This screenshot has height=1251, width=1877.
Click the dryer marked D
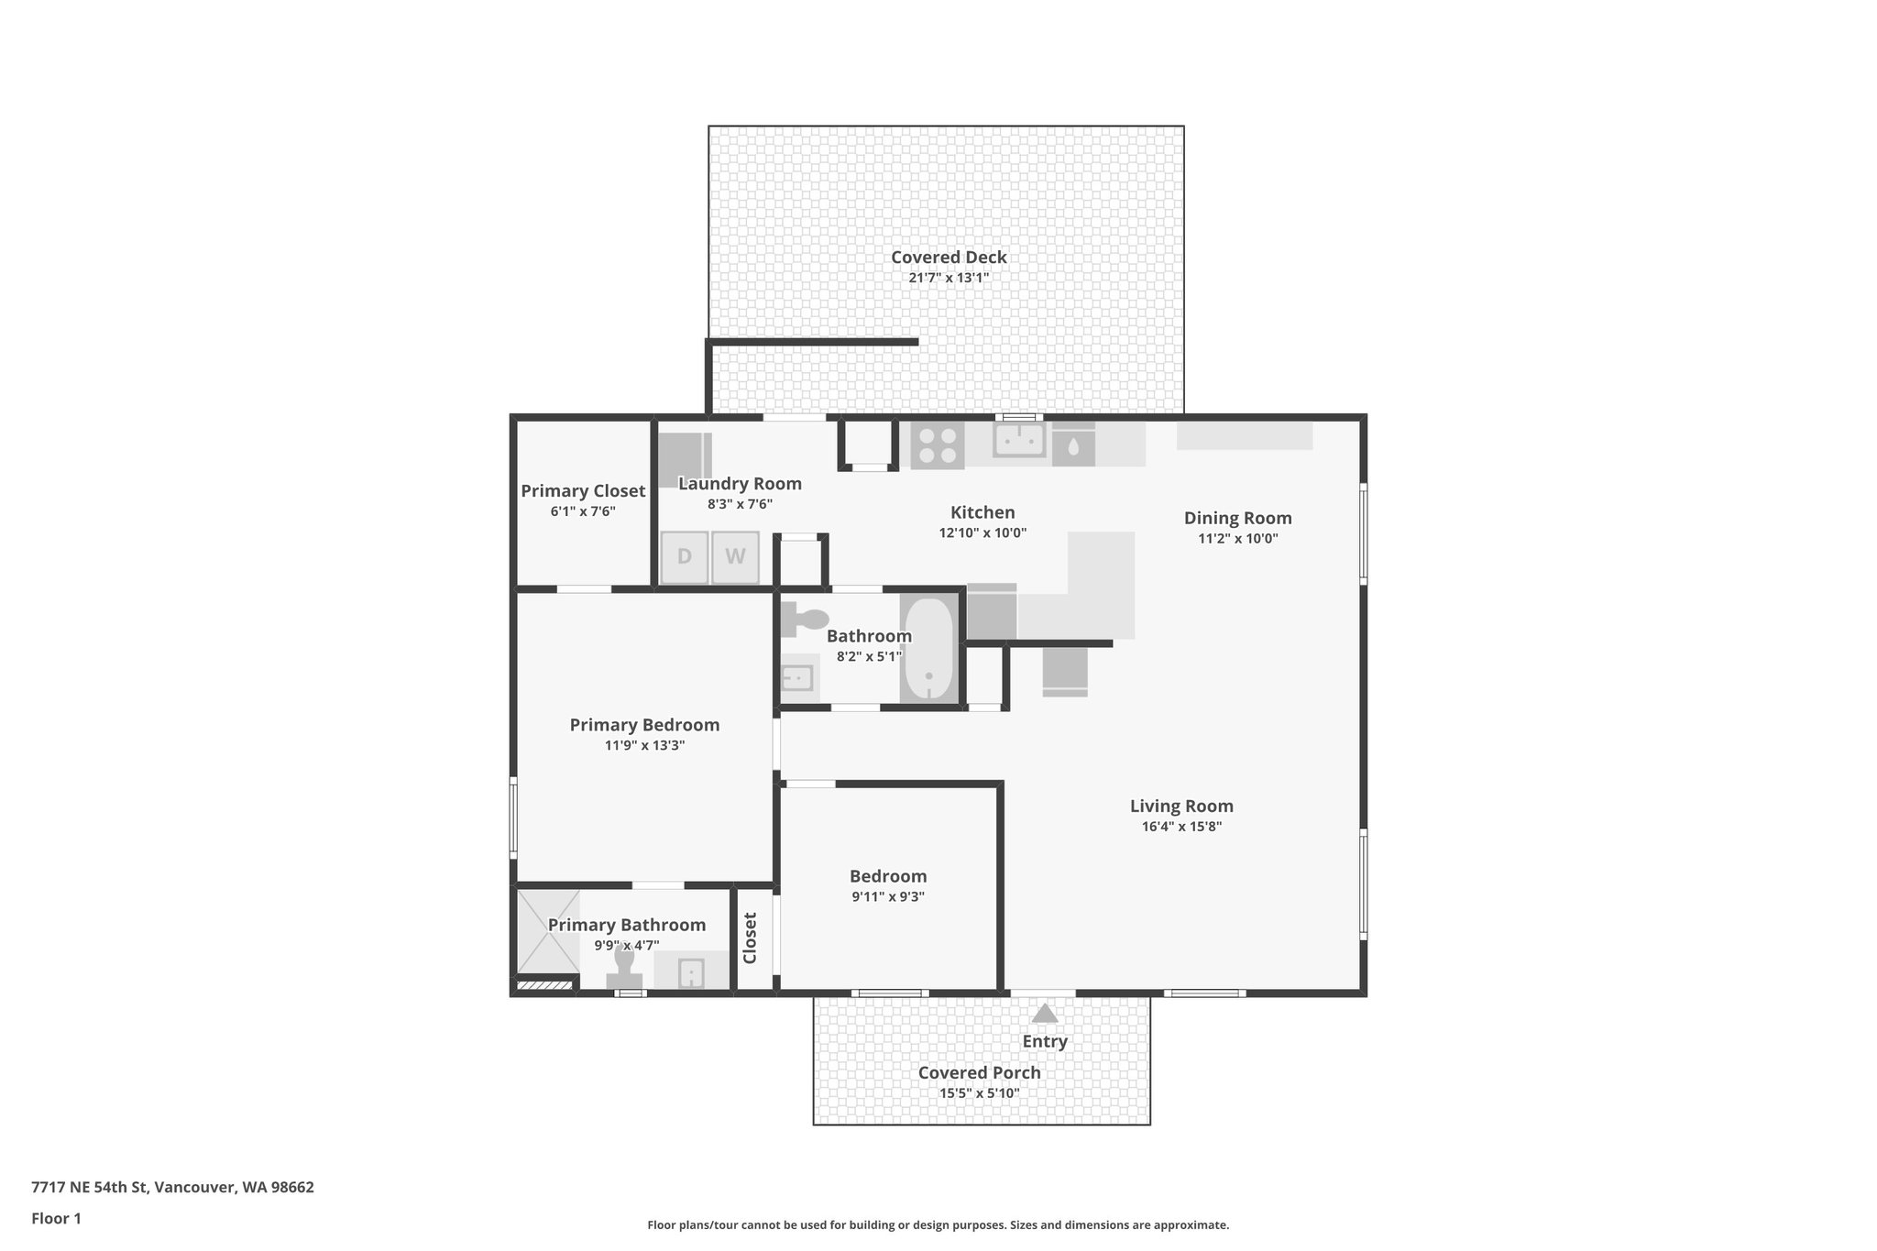pyautogui.click(x=685, y=557)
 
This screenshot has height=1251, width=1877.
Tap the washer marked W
pyautogui.click(x=736, y=557)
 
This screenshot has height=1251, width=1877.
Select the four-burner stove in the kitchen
pyautogui.click(x=937, y=445)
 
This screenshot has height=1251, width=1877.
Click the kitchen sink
pyautogui.click(x=1019, y=440)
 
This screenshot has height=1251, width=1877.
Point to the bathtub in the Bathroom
pyautogui.click(x=929, y=650)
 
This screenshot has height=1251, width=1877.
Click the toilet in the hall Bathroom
pyautogui.click(x=806, y=620)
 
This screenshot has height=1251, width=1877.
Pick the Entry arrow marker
pyautogui.click(x=1045, y=1014)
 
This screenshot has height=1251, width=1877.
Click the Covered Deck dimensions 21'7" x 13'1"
pyautogui.click(x=949, y=278)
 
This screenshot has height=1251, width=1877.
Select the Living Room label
pyautogui.click(x=1181, y=807)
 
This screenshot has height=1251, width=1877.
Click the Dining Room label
pyautogui.click(x=1237, y=518)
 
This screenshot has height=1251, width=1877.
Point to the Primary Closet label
pyautogui.click(x=583, y=491)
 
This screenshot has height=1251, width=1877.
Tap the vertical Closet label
pyautogui.click(x=750, y=938)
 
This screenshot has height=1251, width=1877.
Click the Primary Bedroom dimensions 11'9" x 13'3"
pyautogui.click(x=644, y=746)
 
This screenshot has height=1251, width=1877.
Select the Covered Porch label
pyautogui.click(x=979, y=1073)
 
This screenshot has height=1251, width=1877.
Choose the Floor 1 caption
pyautogui.click(x=56, y=1219)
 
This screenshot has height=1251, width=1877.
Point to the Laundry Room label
pyautogui.click(x=740, y=484)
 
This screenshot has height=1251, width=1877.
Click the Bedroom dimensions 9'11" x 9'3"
pyautogui.click(x=887, y=897)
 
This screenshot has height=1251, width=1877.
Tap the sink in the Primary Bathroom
pyautogui.click(x=691, y=972)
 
